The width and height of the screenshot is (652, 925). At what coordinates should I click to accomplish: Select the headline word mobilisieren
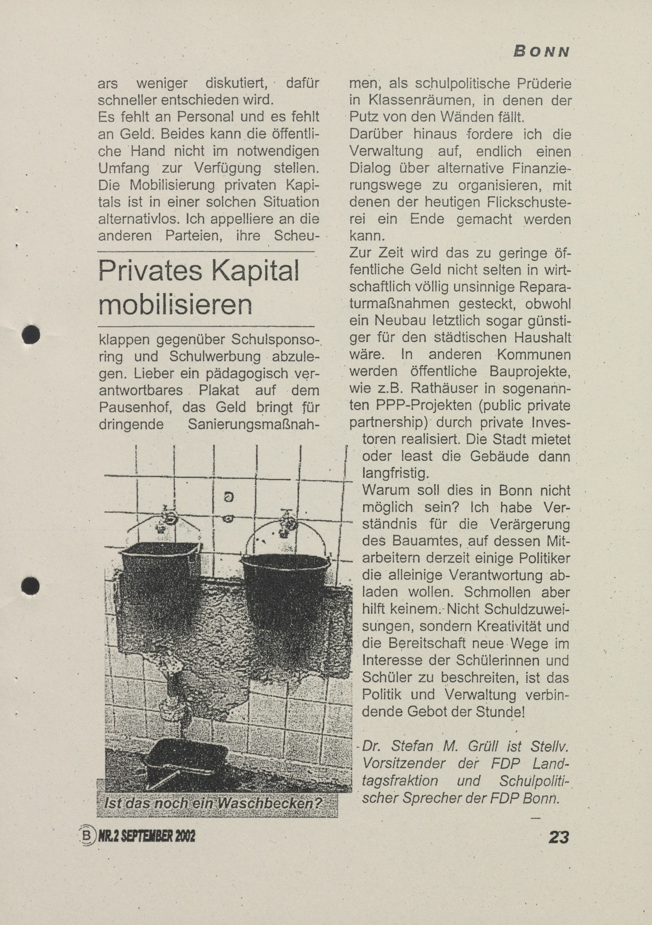click(x=175, y=305)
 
